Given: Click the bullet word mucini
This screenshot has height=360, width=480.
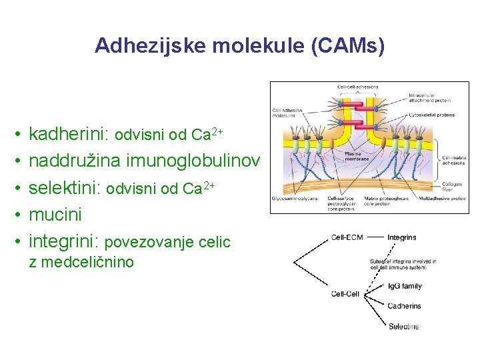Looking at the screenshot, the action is pos(55,215).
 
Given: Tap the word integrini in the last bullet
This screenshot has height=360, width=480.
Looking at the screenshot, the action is pos(65,241).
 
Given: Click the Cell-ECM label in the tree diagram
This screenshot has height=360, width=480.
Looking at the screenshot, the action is pos(347,237).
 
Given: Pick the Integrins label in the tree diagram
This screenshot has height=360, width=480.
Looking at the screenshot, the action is pos(401,237).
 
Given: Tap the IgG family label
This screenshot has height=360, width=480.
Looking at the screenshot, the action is pos(405,286).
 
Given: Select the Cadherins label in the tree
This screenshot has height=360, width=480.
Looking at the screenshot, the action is pos(404,306).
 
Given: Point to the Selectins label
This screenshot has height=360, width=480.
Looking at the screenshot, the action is pos(403,327).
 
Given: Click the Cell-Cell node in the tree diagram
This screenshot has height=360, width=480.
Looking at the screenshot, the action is pos(345,294).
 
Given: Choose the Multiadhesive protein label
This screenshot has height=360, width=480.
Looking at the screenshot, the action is pos(439,198).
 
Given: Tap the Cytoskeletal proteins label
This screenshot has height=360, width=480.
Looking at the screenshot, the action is pos(432,115).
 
